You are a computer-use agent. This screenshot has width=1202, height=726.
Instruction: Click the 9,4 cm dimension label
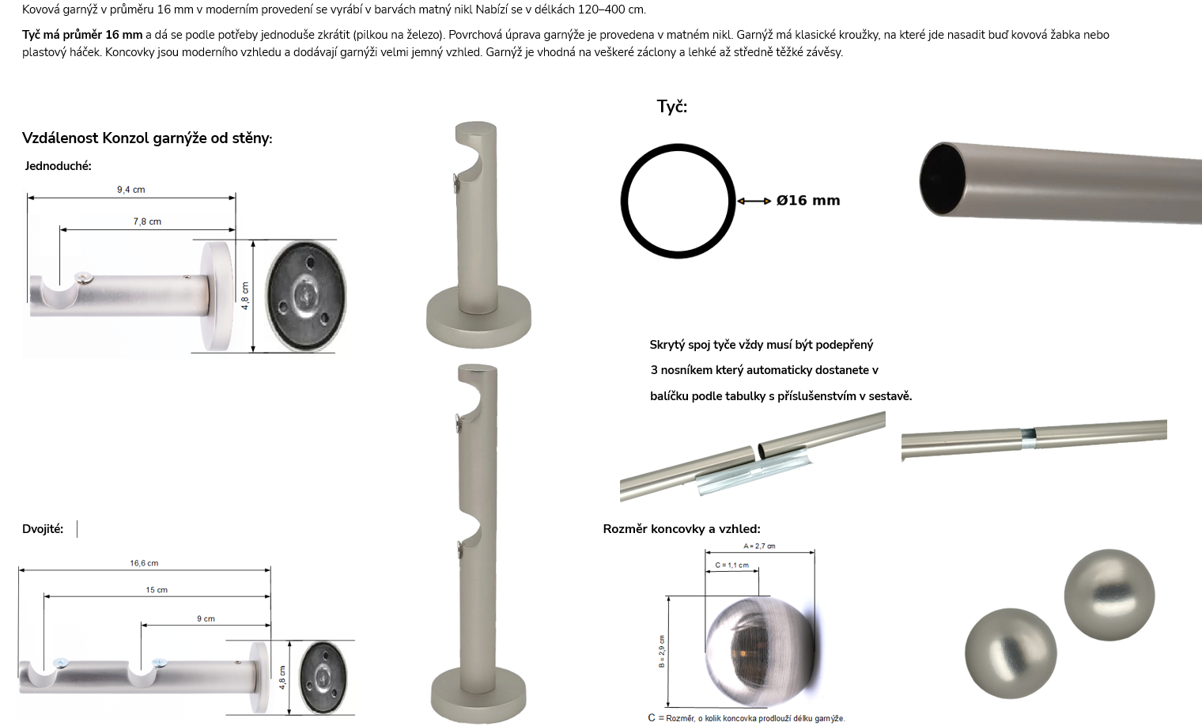[131, 190]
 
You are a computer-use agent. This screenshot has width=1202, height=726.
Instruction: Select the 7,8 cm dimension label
[147, 221]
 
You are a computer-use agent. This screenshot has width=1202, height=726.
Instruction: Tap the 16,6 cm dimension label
[144, 563]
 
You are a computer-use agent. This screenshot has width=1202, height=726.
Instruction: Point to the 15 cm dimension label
[157, 590]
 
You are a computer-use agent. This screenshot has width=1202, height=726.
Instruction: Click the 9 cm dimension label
[206, 618]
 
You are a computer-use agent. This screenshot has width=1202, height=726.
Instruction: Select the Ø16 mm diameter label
[808, 200]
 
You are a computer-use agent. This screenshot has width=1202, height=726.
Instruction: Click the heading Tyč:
[672, 106]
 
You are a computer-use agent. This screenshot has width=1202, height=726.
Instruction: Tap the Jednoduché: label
[58, 166]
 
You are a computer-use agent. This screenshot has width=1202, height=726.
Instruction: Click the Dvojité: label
[43, 529]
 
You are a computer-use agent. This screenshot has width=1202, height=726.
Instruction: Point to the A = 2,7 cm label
[759, 546]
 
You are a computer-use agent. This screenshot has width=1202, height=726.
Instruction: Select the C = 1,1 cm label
[731, 565]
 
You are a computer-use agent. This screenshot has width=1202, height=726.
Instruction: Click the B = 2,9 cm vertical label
[662, 652]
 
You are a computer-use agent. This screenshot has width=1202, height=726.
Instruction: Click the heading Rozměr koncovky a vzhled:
[682, 529]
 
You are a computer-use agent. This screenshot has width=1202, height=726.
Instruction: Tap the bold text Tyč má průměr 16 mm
[82, 35]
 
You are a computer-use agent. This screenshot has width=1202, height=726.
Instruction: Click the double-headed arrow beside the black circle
[754, 201]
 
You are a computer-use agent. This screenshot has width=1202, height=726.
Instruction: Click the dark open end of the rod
[943, 179]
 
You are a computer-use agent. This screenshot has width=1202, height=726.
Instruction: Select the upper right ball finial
[1109, 595]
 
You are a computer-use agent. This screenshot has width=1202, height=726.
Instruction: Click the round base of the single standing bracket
[478, 321]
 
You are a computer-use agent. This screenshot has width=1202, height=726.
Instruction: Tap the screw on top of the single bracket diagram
[84, 278]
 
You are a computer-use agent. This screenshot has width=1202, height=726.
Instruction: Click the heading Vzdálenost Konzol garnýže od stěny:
[147, 138]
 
